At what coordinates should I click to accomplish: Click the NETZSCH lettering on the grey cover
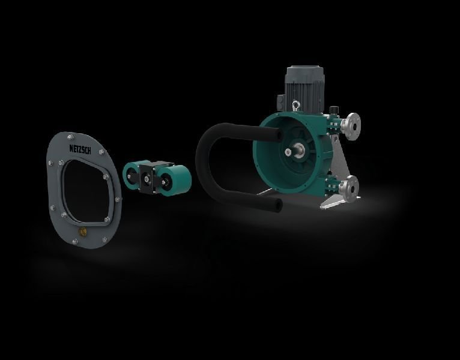pyautogui.click(x=80, y=149)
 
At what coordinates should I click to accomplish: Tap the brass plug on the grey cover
pyautogui.click(x=83, y=232)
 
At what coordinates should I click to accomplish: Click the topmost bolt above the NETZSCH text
pyautogui.click(x=70, y=137)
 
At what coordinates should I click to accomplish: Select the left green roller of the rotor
pyautogui.click(x=131, y=176)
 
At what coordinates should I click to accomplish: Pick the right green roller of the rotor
pyautogui.click(x=175, y=180)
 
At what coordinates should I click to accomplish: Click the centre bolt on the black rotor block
pyautogui.click(x=146, y=178)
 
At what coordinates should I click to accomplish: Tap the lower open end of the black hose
pyautogui.click(x=278, y=205)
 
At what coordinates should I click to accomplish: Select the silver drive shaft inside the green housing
pyautogui.click(x=297, y=150)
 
